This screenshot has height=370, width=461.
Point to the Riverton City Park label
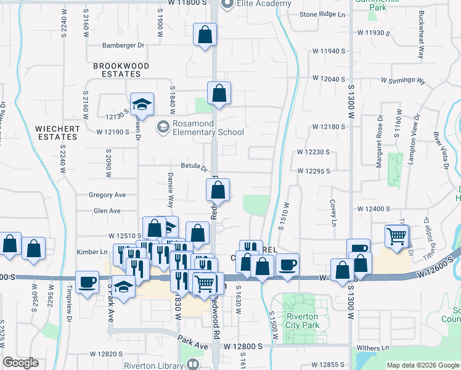coord(303,323)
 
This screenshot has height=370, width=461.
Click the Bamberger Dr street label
coord(123,45)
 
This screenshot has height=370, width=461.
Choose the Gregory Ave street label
coord(107,195)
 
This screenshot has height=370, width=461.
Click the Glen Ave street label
coord(107,211)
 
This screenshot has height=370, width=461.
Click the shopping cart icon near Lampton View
coord(397,236)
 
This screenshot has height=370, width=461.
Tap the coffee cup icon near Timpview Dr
coord(87,282)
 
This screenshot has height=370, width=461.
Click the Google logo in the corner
coord(20,363)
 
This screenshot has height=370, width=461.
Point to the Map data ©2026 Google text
coord(422,365)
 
